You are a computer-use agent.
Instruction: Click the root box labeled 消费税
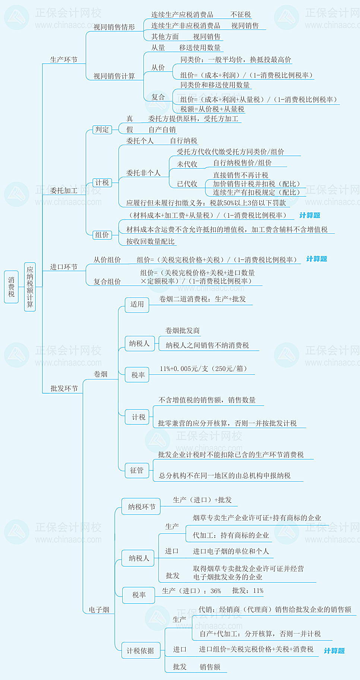point(11,287)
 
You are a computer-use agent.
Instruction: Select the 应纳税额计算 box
point(30,287)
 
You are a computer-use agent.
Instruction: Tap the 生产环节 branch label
point(64,60)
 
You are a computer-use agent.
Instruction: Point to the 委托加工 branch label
point(64,191)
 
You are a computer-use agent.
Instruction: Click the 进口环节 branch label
point(64,267)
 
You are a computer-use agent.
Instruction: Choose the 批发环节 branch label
point(64,388)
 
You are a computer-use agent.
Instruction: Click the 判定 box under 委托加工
point(102,130)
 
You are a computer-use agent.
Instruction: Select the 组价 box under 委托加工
point(102,235)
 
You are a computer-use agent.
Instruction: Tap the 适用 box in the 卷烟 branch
point(137,305)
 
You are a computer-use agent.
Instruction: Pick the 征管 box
point(137,470)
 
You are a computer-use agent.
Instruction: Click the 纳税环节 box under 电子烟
point(141,507)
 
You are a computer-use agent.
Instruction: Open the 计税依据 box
point(140,651)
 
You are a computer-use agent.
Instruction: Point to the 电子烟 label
point(99,610)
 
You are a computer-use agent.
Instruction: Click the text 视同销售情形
point(114,27)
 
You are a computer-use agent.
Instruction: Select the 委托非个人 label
point(143,173)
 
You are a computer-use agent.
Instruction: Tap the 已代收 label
point(187,184)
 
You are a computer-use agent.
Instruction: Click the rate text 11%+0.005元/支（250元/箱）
point(203,369)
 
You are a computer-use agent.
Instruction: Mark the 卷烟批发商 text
point(183,331)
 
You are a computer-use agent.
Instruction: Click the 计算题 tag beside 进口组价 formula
point(334,651)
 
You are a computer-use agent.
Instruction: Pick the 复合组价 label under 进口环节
point(107,281)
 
